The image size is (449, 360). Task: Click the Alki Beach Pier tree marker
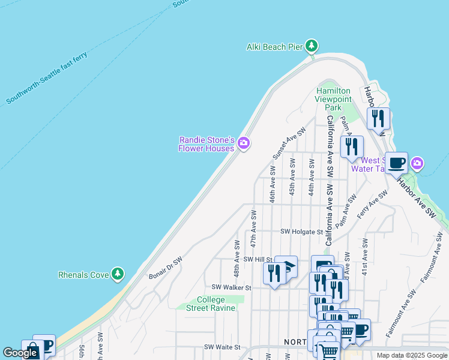point(311,46)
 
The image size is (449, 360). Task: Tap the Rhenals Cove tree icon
point(118,274)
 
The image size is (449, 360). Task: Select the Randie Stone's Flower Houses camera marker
point(244,143)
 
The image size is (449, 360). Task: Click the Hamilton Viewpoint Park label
point(334,99)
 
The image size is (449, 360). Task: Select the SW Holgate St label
point(302,232)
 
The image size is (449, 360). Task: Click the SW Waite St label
point(222,347)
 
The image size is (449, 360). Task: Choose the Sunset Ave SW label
point(289,143)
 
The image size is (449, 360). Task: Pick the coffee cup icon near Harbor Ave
point(396,163)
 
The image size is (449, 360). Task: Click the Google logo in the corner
point(20,353)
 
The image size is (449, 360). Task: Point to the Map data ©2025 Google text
point(412,355)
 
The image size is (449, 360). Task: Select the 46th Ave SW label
point(273,188)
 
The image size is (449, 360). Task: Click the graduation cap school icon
point(287,266)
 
